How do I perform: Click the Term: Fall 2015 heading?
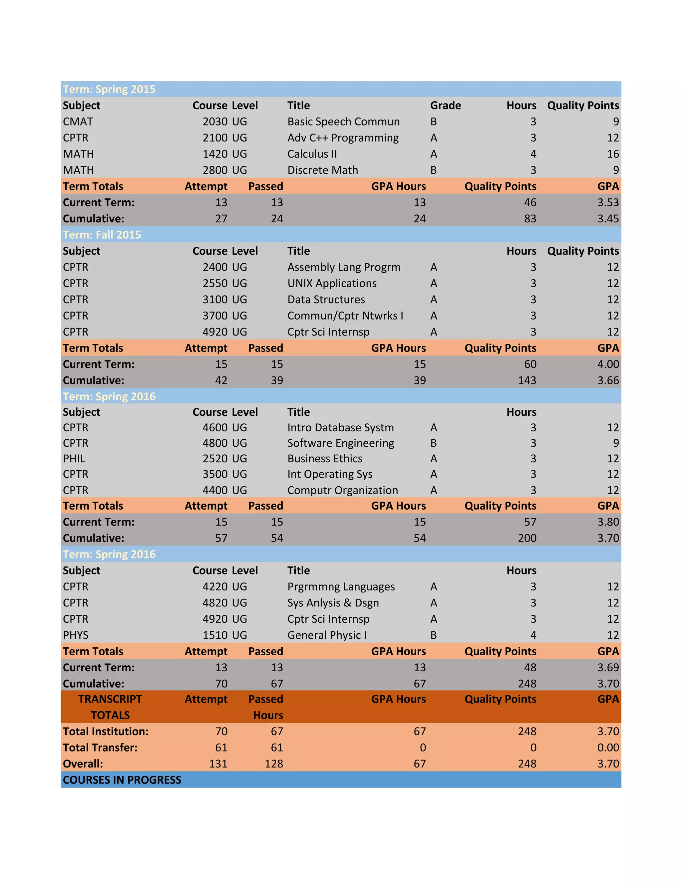point(102,235)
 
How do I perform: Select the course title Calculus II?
point(312,154)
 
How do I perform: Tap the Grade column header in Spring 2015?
point(445,106)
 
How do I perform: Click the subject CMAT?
point(78,121)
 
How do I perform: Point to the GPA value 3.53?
point(608,202)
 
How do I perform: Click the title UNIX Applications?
point(332,283)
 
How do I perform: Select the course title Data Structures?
point(326,299)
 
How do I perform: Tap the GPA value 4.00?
point(608,364)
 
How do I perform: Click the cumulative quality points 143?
point(527,380)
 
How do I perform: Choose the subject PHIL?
point(74,458)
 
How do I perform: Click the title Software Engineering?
point(341,443)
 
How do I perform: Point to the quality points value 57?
point(530,522)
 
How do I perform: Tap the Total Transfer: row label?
point(100,748)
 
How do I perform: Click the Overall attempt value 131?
point(218,764)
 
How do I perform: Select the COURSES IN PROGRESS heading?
point(122,780)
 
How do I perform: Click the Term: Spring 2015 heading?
point(109,89)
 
